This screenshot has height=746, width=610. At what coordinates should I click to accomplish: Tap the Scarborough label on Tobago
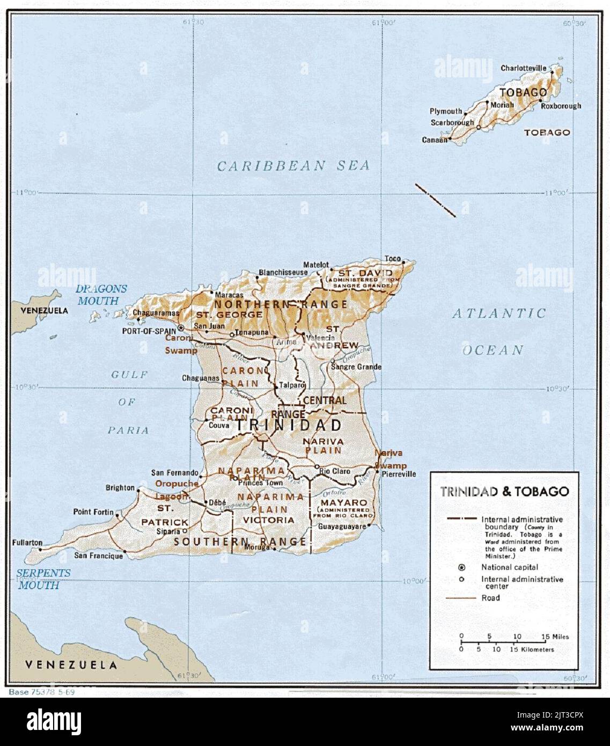(x=452, y=122)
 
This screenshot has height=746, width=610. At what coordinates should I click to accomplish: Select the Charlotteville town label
(x=523, y=68)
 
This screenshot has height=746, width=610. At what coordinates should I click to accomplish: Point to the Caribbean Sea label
(x=293, y=165)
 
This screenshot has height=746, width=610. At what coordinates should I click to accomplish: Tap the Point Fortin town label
(x=93, y=512)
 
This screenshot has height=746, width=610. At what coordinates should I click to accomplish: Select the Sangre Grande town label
(x=356, y=367)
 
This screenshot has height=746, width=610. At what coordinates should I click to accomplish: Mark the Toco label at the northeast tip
(x=393, y=259)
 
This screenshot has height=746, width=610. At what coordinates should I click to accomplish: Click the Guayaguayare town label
(x=342, y=526)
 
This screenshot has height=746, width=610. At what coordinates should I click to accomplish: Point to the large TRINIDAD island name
(x=289, y=426)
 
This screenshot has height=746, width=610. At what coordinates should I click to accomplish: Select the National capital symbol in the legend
(x=461, y=567)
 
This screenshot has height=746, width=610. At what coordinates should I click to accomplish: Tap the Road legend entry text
(x=490, y=598)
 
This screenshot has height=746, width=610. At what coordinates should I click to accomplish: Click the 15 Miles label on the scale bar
(x=555, y=637)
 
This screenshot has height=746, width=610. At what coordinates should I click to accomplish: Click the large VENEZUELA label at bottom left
(x=71, y=665)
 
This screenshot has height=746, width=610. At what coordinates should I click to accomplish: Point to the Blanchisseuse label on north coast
(x=283, y=273)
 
